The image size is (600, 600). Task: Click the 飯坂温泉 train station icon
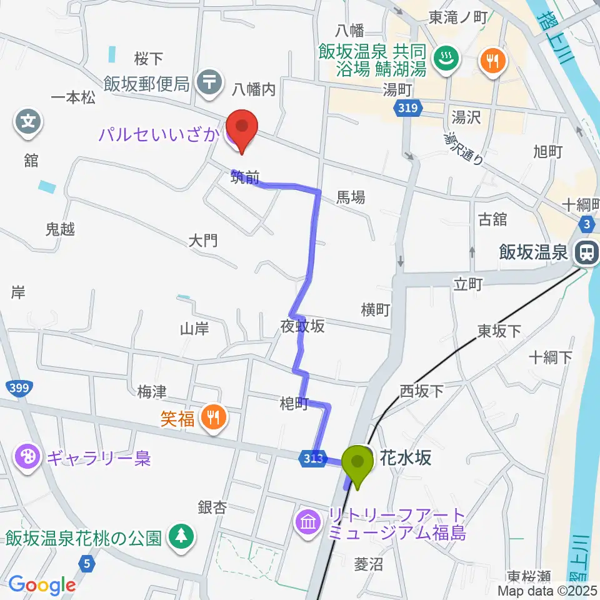pos(586,252)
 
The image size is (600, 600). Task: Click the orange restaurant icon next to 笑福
pos(213,417)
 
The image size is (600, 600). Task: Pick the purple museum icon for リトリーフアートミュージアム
pos(308,520)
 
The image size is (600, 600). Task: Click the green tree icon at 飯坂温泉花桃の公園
pos(181,535)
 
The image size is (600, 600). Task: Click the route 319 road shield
pos(406,110)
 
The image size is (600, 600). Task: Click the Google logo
pos(42,585)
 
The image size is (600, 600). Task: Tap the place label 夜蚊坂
pos(302,326)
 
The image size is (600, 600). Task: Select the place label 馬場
pos(351,197)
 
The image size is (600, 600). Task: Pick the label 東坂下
pos(499,331)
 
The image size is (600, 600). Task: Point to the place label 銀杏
pos(212,506)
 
